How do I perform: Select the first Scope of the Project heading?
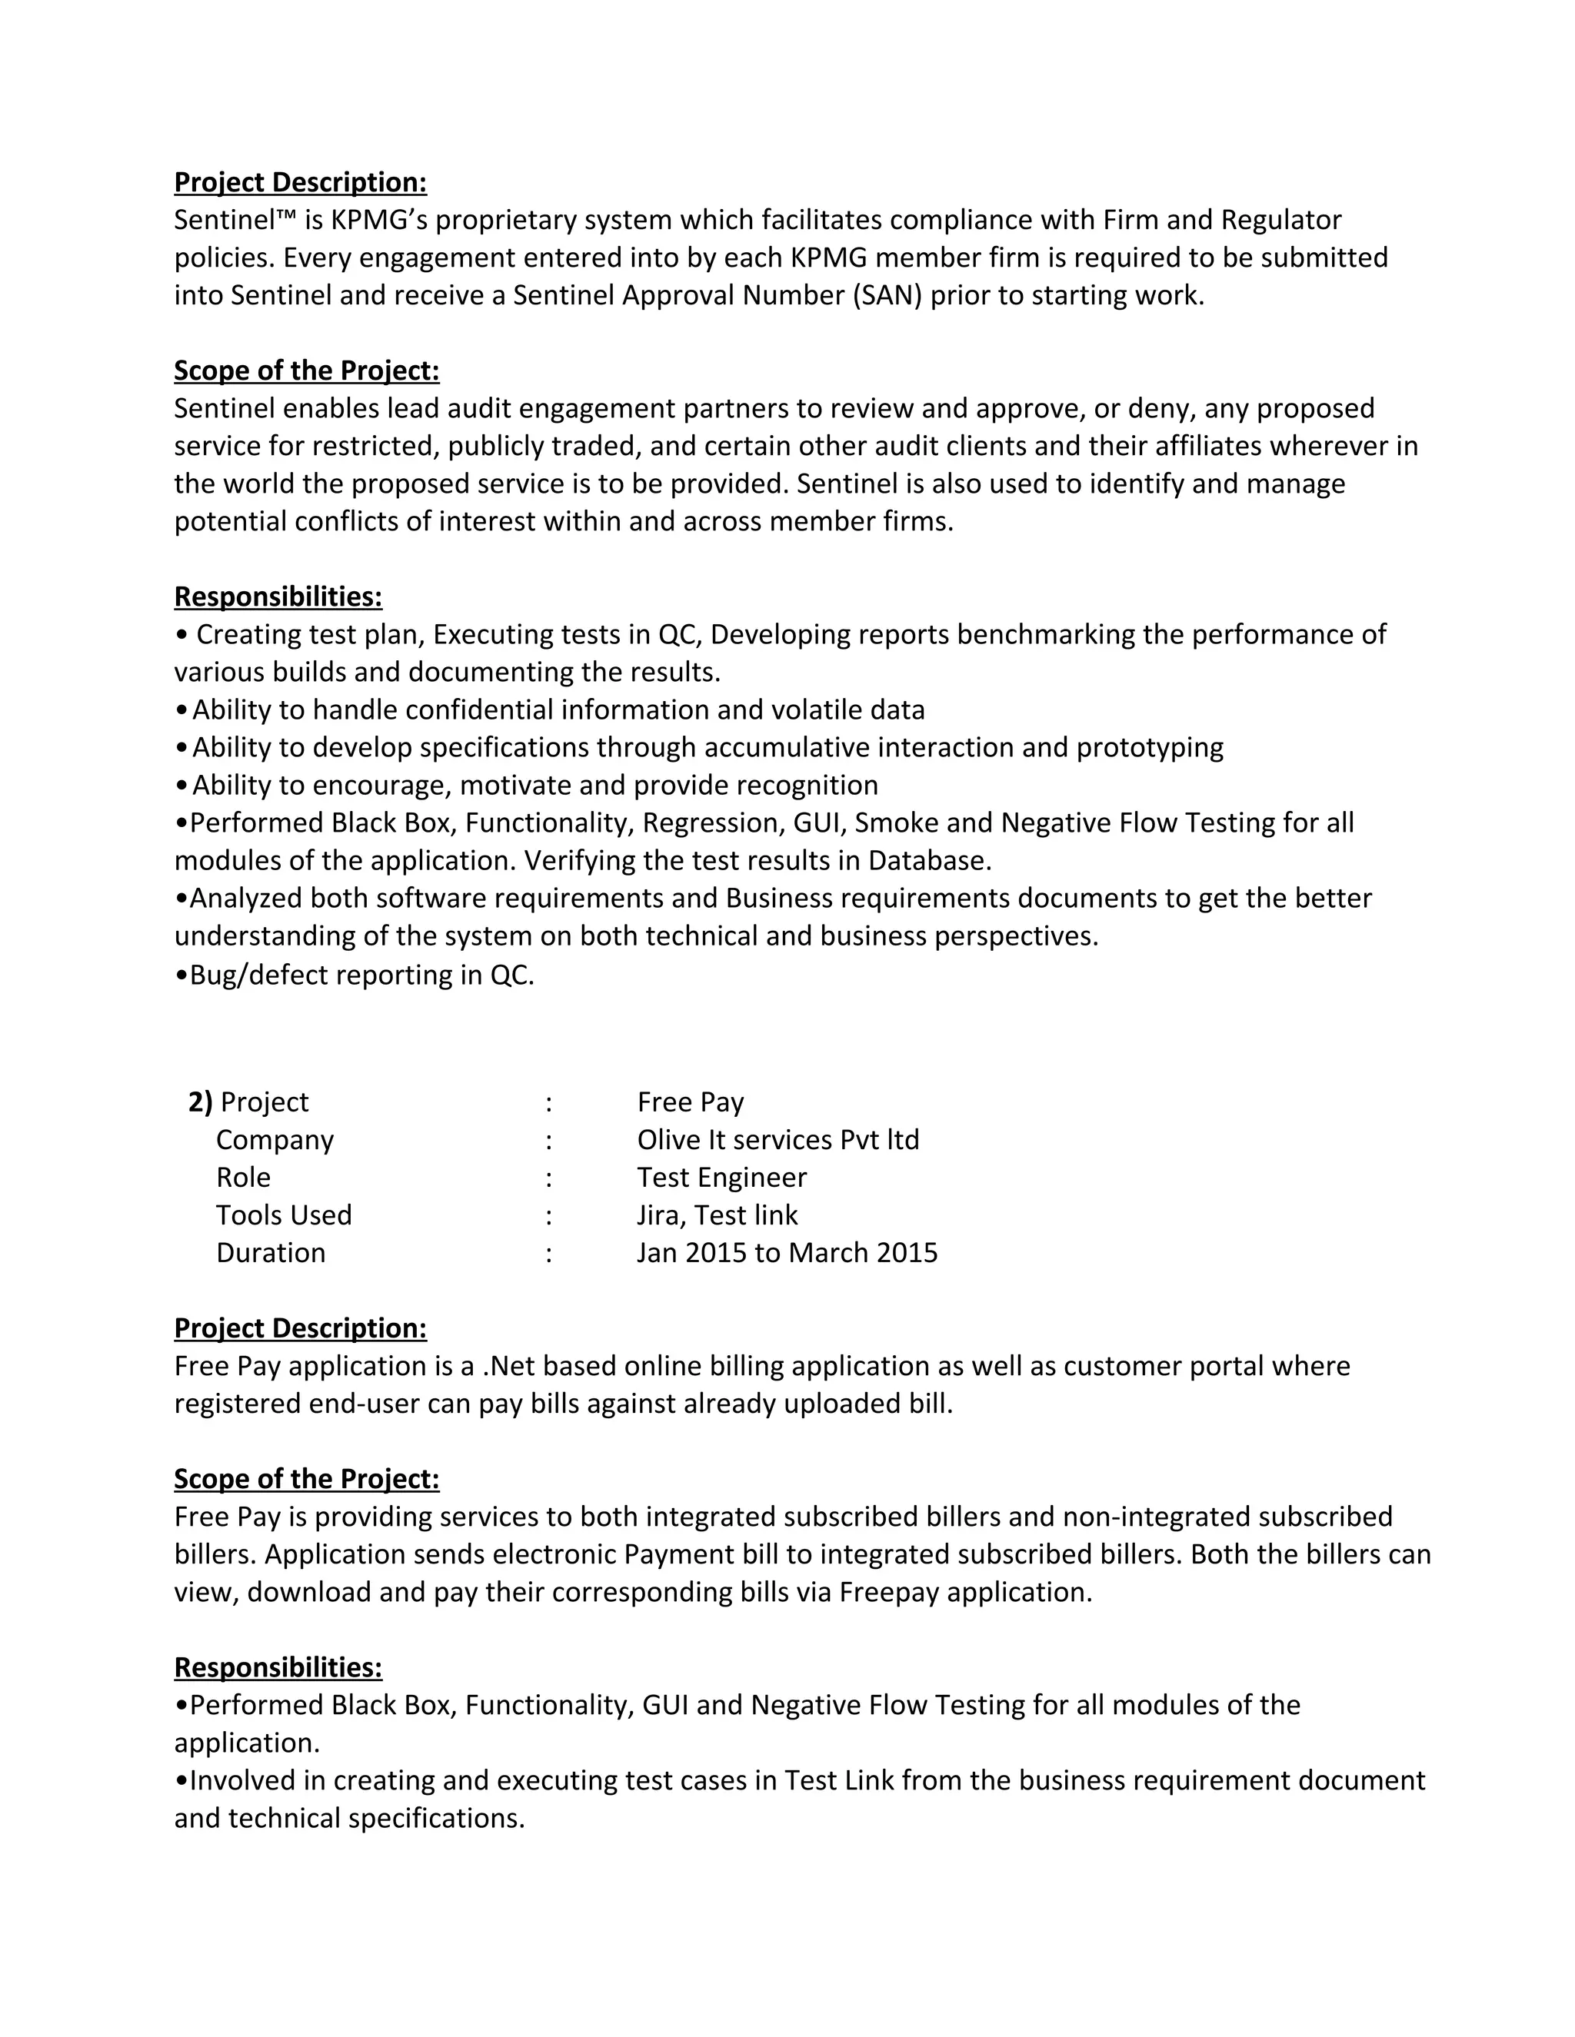point(306,371)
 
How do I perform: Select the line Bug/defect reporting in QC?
point(355,975)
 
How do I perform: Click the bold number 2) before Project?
point(200,1102)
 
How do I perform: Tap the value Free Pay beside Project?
point(691,1102)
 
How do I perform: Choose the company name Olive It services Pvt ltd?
point(778,1140)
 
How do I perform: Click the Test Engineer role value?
point(721,1177)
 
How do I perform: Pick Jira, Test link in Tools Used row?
point(718,1215)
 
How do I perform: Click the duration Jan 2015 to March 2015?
point(787,1251)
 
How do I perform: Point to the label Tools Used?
point(284,1215)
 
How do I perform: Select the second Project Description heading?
point(301,1328)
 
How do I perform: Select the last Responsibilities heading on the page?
point(278,1666)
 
